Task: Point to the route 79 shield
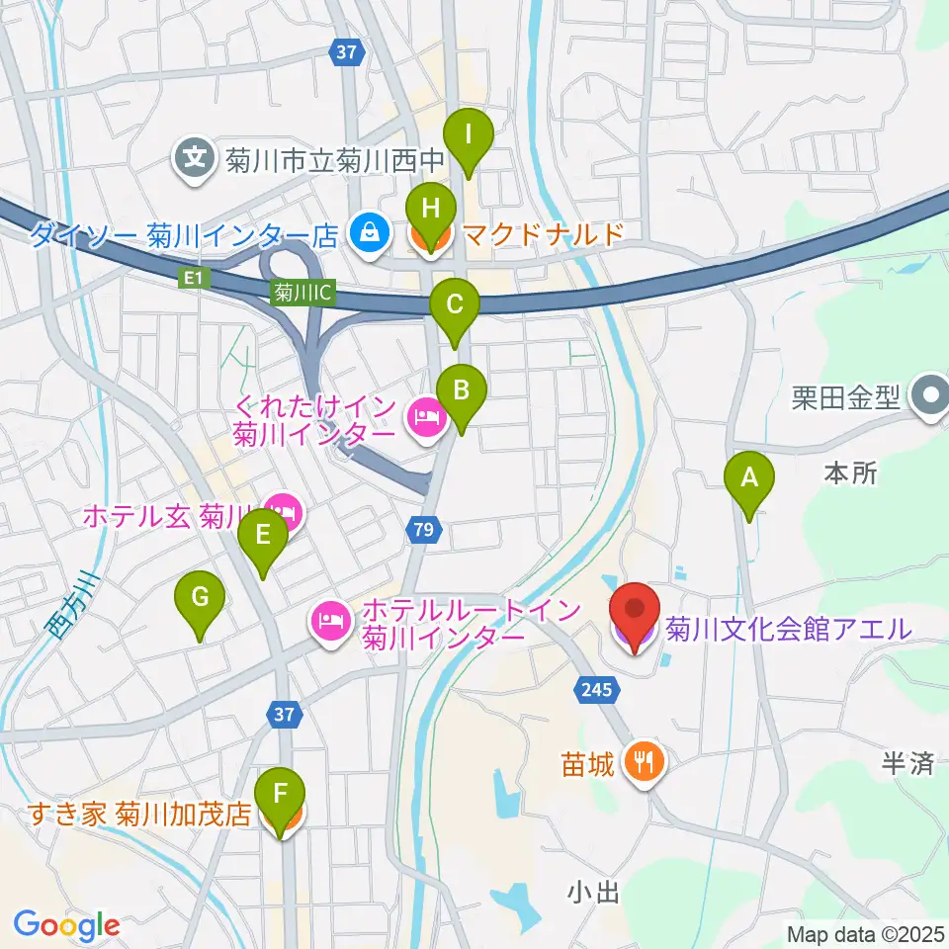tap(423, 532)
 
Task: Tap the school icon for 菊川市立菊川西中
tap(196, 157)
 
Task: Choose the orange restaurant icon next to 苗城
tap(647, 761)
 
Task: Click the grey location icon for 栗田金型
tap(929, 397)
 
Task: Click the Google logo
tap(66, 924)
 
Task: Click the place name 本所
tap(849, 474)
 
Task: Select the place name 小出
tap(593, 894)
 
